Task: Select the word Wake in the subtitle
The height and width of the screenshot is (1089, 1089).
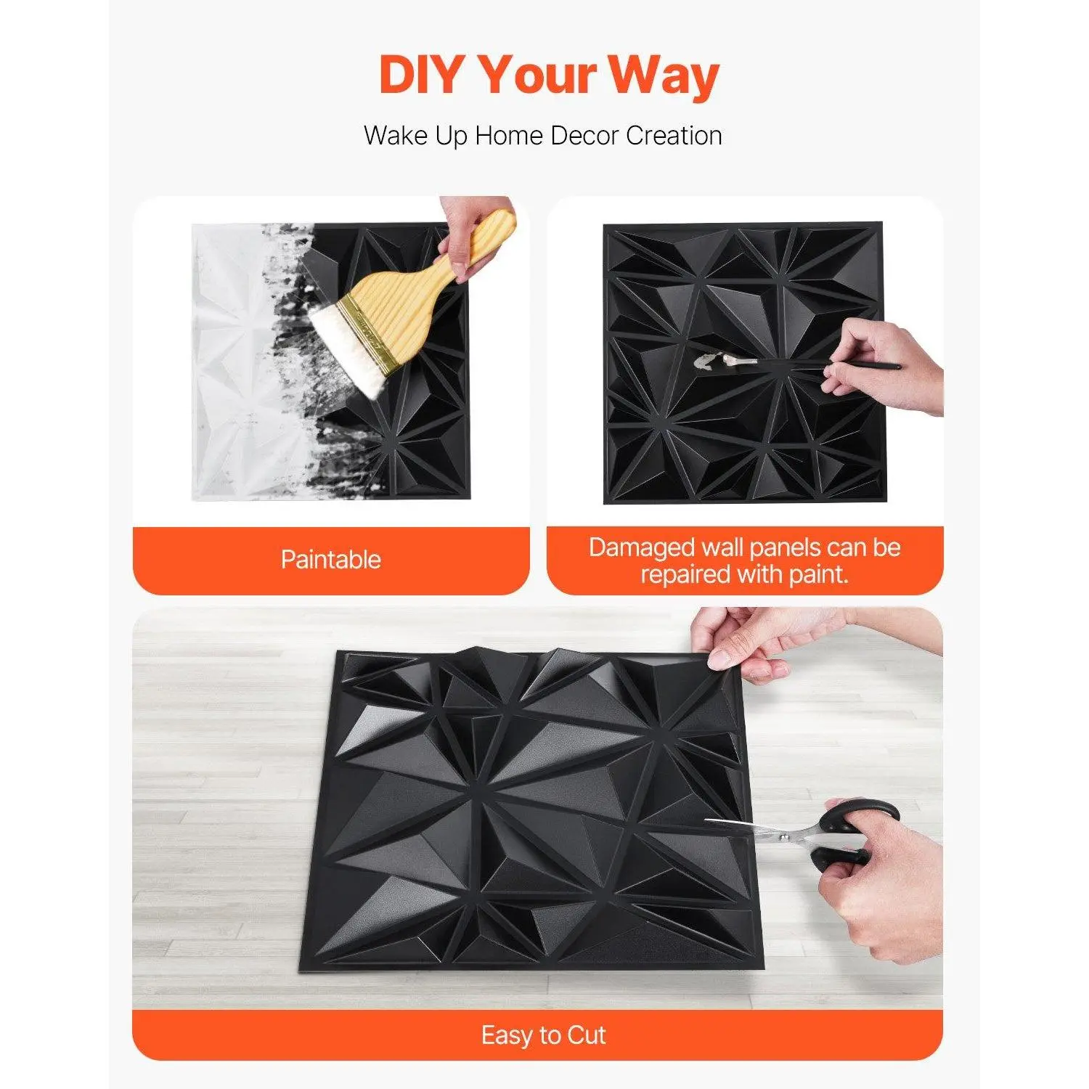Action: tap(396, 136)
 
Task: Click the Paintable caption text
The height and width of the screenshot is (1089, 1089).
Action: tap(331, 559)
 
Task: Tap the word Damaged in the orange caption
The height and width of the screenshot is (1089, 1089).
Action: tap(642, 548)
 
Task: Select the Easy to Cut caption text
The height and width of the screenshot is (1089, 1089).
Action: tap(543, 1035)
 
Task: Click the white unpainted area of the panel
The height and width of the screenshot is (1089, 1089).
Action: tap(232, 363)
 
